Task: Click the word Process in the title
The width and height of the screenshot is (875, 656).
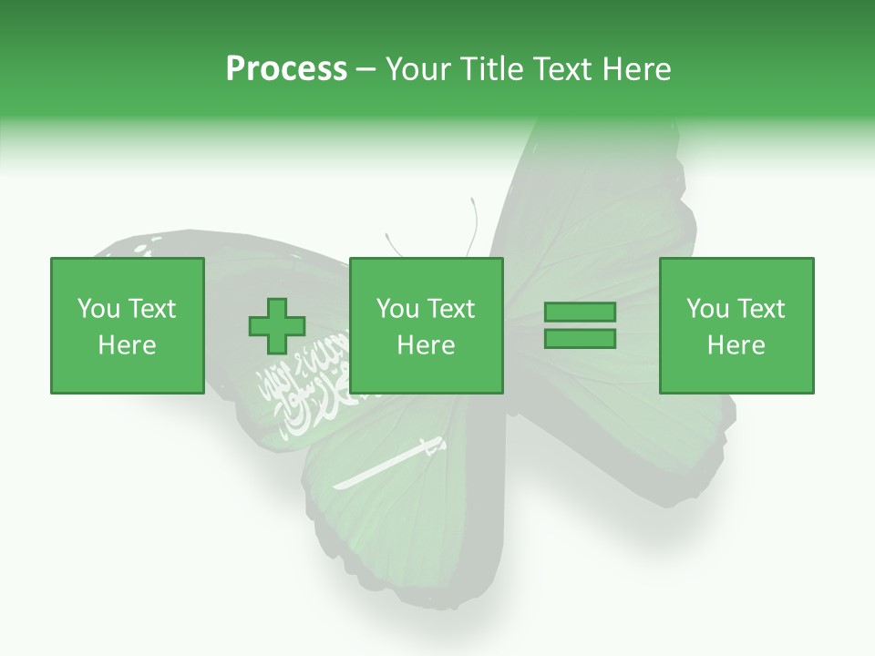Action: (x=286, y=69)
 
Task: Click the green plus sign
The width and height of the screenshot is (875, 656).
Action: (x=277, y=325)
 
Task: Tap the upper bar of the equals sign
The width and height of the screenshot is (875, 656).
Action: (x=580, y=313)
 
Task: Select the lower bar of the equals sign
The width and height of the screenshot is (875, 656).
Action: (x=580, y=339)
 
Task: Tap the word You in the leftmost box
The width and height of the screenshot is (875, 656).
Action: (x=97, y=309)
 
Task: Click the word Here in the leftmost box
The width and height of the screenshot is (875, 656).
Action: (x=128, y=345)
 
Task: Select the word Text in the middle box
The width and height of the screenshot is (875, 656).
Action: (x=451, y=309)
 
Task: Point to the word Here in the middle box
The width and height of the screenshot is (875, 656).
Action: (x=427, y=345)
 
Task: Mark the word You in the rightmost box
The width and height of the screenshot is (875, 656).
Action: (x=706, y=309)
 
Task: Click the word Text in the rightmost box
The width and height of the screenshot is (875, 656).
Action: (x=761, y=309)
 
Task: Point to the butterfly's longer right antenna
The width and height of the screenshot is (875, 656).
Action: (x=473, y=223)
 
